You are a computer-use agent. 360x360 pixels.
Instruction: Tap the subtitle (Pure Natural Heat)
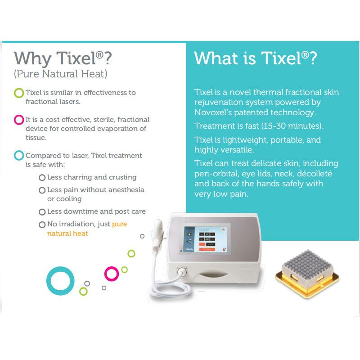pos(60,73)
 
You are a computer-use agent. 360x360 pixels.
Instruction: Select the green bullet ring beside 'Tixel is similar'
pos(19,93)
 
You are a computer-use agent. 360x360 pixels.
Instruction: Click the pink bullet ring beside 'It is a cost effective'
pos(19,120)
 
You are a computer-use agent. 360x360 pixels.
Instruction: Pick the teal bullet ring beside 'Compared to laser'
pos(19,156)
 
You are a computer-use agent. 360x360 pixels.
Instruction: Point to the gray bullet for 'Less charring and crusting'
pos(42,178)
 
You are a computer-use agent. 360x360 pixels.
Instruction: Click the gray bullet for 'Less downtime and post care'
pos(42,212)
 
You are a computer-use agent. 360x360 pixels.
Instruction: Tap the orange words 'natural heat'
pos(67,234)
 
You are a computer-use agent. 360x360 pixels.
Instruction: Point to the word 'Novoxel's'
pos(214,112)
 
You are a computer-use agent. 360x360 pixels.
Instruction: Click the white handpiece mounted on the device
pos(159,232)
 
